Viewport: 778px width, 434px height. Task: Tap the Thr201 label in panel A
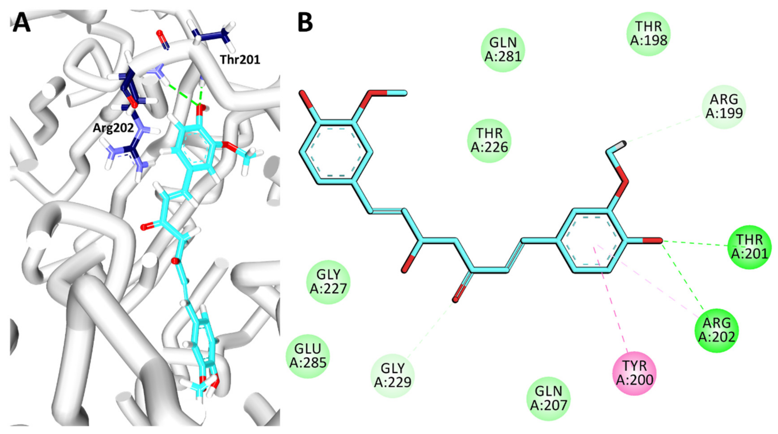pyautogui.click(x=240, y=60)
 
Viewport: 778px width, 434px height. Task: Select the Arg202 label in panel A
pyautogui.click(x=113, y=128)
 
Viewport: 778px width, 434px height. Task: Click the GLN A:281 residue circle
pyautogui.click(x=503, y=50)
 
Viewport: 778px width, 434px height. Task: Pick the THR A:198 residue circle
pyautogui.click(x=648, y=34)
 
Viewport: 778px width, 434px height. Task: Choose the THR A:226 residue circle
pyautogui.click(x=489, y=141)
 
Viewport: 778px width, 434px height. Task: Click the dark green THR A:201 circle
pyautogui.click(x=750, y=247)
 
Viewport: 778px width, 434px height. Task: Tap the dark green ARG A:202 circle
pyautogui.click(x=717, y=330)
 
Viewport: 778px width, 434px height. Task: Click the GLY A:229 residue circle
pyautogui.click(x=393, y=376)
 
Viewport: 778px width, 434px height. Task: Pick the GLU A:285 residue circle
pyautogui.click(x=308, y=356)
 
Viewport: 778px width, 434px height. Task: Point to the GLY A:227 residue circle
pyautogui.click(x=328, y=282)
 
